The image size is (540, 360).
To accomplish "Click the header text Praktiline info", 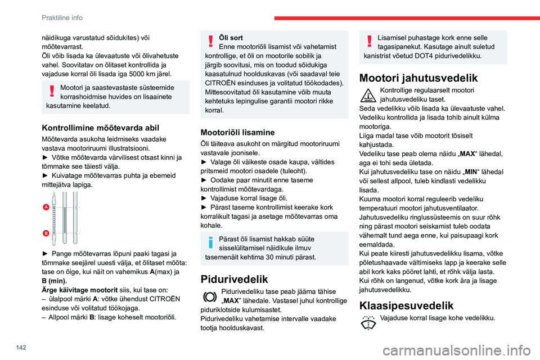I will click(61, 17).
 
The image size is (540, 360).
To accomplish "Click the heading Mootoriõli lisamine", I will click(238, 132).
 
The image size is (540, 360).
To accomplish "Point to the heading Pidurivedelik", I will click(237, 280).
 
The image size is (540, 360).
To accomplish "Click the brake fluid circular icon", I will click(210, 296).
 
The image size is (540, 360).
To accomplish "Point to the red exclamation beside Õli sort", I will click(210, 41).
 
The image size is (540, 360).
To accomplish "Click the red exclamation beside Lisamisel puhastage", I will click(368, 41).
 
